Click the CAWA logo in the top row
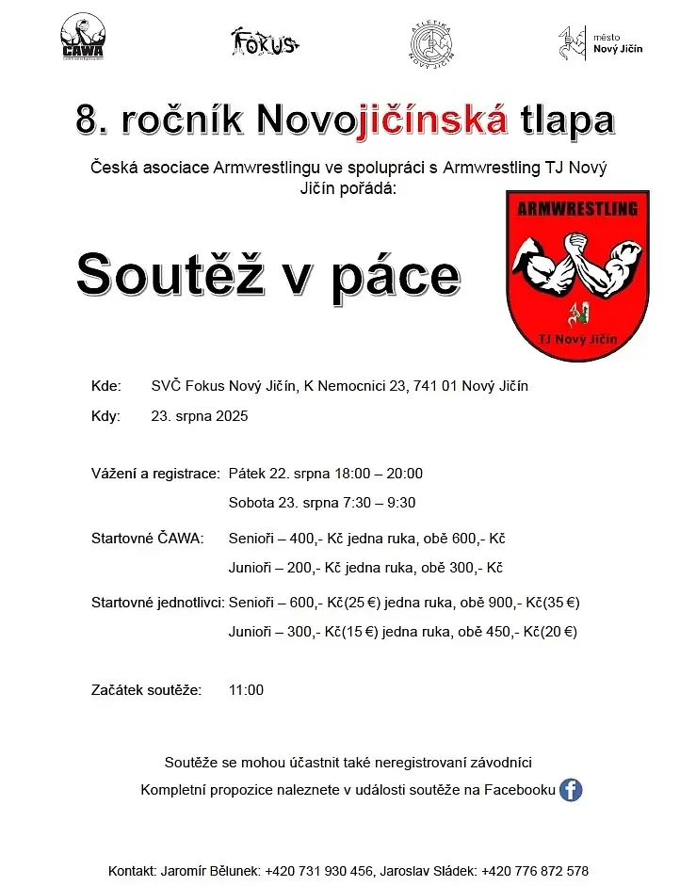(x=82, y=39)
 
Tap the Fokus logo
(x=265, y=41)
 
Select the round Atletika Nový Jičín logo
(x=432, y=41)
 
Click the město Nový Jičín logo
(x=600, y=42)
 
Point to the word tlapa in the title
(x=566, y=120)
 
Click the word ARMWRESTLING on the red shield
(x=577, y=208)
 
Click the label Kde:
(x=106, y=386)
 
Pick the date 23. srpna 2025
(x=200, y=415)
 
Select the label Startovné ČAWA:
(x=147, y=539)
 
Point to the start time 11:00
(x=246, y=689)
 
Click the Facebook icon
(x=571, y=790)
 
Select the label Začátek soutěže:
(x=146, y=689)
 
